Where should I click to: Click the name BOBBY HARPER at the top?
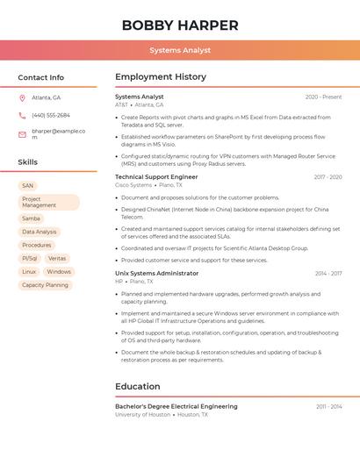click(x=180, y=25)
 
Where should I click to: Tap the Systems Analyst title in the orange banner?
click(x=180, y=50)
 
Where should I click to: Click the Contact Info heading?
click(x=40, y=77)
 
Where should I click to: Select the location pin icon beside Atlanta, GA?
click(x=22, y=97)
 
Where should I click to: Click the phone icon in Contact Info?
click(x=22, y=115)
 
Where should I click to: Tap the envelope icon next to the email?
click(x=22, y=134)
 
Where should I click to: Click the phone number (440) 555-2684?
click(x=51, y=115)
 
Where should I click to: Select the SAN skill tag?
click(x=27, y=186)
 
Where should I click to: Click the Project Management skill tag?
click(x=48, y=202)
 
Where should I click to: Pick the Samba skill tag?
click(x=31, y=218)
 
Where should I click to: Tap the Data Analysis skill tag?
click(x=40, y=232)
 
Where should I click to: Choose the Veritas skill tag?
click(x=57, y=258)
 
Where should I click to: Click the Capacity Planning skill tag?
click(x=45, y=285)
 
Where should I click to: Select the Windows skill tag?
click(x=59, y=272)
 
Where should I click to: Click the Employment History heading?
click(x=161, y=77)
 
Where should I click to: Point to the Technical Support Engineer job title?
click(x=156, y=177)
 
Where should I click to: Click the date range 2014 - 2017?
click(x=328, y=274)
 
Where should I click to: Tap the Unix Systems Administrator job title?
click(x=156, y=274)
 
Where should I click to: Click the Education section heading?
click(x=138, y=386)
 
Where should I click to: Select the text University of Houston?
click(x=143, y=414)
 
